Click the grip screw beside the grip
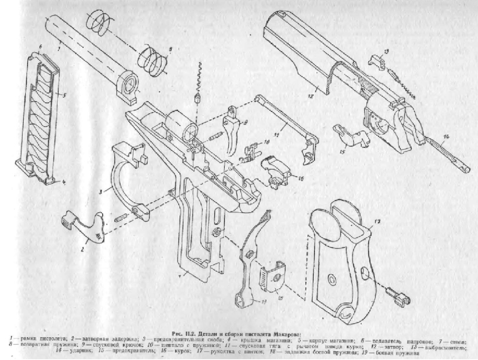point(396,297)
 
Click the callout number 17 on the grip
point(377,221)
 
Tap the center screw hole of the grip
point(330,279)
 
